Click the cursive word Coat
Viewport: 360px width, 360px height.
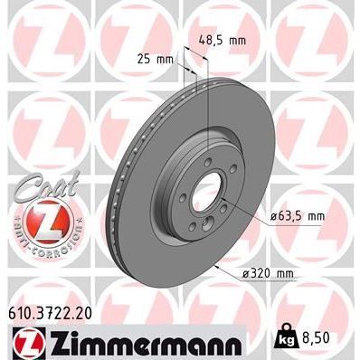[37, 177]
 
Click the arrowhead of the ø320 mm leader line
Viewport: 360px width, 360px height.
[217, 267]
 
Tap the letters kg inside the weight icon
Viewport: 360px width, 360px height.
[286, 343]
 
